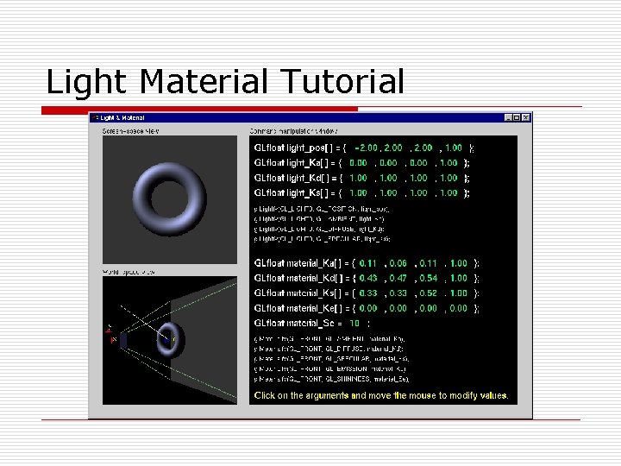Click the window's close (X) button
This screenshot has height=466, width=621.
click(527, 117)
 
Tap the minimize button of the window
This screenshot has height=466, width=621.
click(509, 117)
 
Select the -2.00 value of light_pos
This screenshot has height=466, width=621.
click(366, 148)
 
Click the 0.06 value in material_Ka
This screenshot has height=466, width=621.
click(398, 263)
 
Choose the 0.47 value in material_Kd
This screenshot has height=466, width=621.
click(398, 278)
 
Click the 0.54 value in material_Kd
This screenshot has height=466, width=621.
click(429, 278)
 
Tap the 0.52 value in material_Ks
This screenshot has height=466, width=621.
click(429, 293)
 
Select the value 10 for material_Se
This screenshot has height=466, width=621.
click(354, 323)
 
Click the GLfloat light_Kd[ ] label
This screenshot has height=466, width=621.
click(290, 178)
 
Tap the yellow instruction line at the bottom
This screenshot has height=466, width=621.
click(380, 395)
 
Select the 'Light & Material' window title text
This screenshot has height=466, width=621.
click(122, 117)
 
